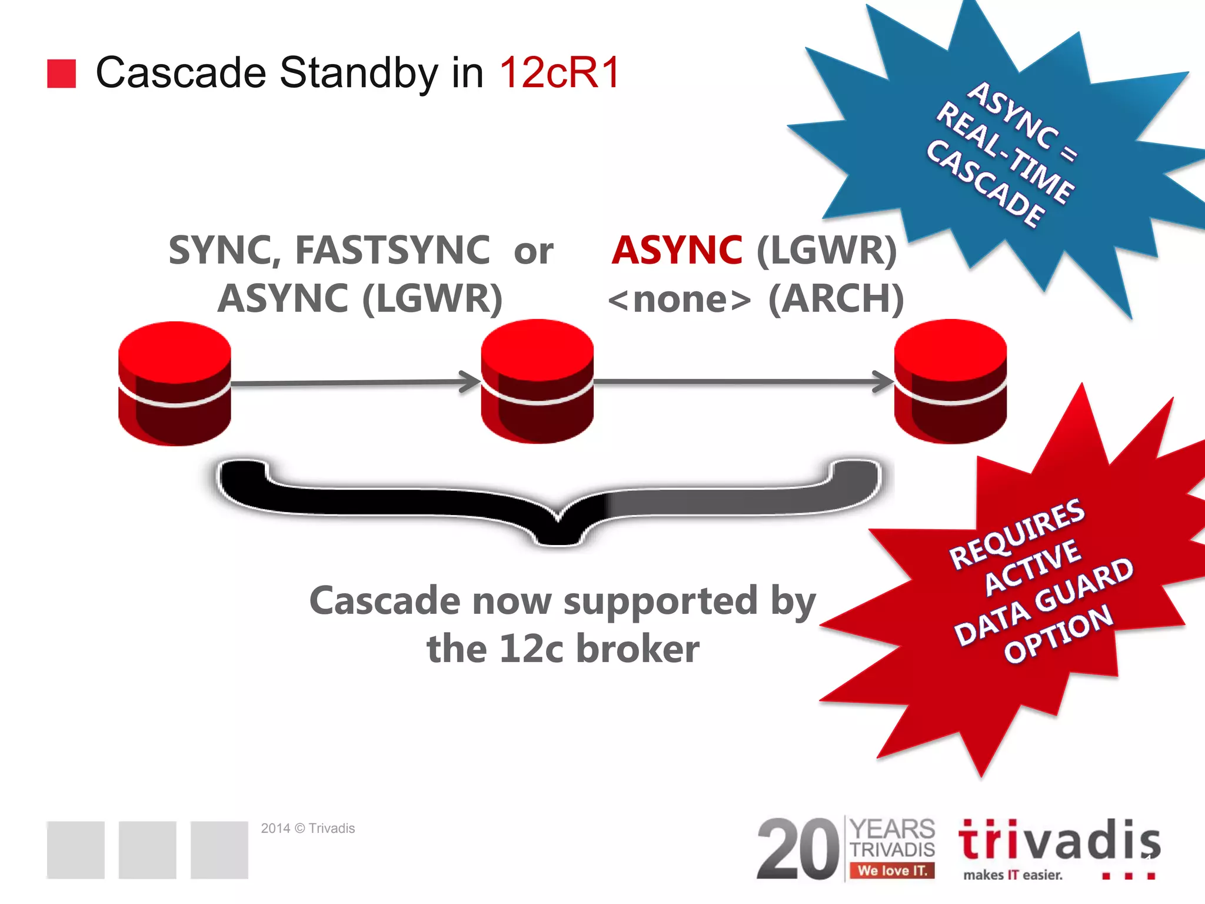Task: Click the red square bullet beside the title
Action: (61, 74)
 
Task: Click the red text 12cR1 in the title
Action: (560, 73)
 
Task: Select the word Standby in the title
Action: (358, 73)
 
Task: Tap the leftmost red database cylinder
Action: (174, 383)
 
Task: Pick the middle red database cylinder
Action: (537, 381)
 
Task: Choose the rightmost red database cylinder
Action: (950, 381)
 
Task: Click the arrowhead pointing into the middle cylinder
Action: (471, 381)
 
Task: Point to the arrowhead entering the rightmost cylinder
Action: (884, 381)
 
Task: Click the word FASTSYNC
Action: (392, 250)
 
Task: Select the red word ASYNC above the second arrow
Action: (677, 250)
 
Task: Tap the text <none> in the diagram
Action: (679, 300)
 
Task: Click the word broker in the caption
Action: (638, 649)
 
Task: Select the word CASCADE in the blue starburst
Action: (986, 184)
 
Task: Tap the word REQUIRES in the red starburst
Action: (1017, 533)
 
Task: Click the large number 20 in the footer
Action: (798, 849)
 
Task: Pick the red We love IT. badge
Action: (892, 870)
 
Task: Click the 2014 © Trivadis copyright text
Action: (308, 828)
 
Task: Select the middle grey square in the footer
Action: (147, 849)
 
